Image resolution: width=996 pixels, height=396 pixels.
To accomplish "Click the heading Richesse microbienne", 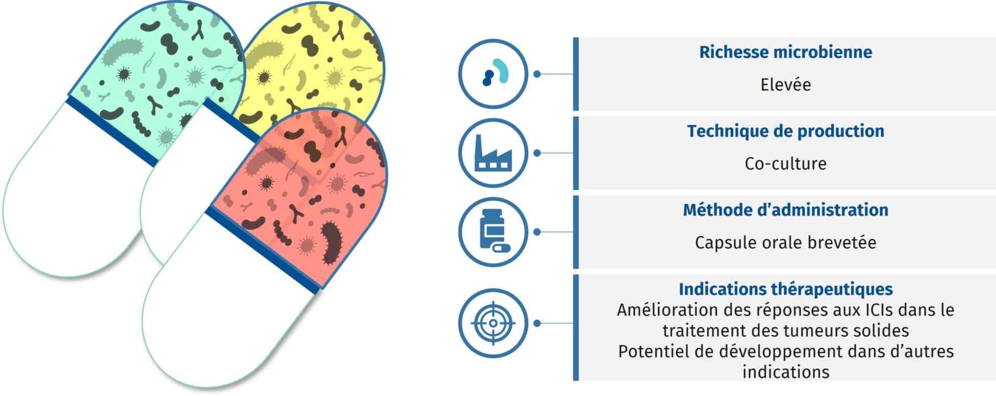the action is pyautogui.click(x=785, y=52).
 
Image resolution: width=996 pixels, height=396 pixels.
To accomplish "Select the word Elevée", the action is pyautogui.click(x=785, y=85).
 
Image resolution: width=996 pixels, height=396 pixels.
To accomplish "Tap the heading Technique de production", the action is pyautogui.click(x=785, y=131).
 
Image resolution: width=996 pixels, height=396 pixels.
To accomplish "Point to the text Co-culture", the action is pyautogui.click(x=785, y=163).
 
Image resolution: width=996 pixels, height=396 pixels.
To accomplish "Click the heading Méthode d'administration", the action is pyautogui.click(x=785, y=210).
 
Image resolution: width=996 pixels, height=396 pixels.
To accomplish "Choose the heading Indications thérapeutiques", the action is pyautogui.click(x=785, y=289).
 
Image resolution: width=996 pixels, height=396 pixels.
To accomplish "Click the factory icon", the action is pyautogui.click(x=493, y=153).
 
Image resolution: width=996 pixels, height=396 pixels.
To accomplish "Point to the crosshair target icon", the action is pyautogui.click(x=493, y=323).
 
